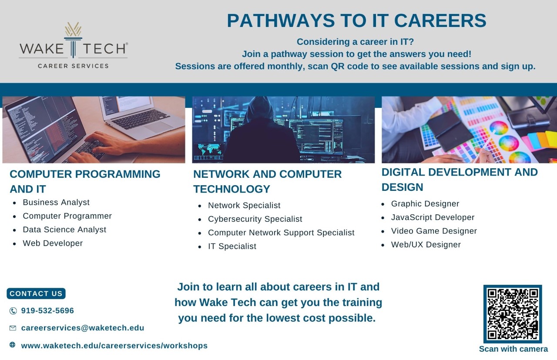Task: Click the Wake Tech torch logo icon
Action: [x=73, y=40]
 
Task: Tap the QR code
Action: [x=513, y=314]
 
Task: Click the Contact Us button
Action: [x=36, y=293]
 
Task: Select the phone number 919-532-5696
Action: [x=47, y=310]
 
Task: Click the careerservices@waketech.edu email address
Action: [x=83, y=328]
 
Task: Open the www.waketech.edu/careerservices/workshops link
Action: [x=114, y=346]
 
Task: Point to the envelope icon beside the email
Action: [x=13, y=328]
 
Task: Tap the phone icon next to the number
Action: [x=13, y=311]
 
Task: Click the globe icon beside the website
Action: [x=13, y=345]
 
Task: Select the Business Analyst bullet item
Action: [x=56, y=202]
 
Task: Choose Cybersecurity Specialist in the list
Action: [x=255, y=219]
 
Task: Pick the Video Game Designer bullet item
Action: [x=434, y=231]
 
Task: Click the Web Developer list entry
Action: [x=53, y=243]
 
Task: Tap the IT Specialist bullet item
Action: [x=232, y=246]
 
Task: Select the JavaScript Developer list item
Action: [x=433, y=217]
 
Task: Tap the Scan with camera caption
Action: [x=513, y=349]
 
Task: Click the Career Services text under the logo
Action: [x=73, y=66]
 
